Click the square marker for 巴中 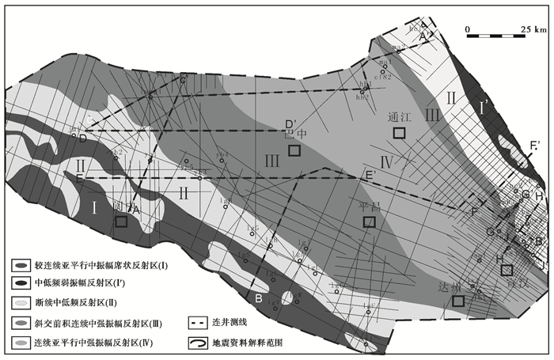click(294, 150)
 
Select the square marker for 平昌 click(369, 222)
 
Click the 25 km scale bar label click(534, 28)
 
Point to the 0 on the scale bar click(469, 28)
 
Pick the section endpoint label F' click(535, 145)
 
